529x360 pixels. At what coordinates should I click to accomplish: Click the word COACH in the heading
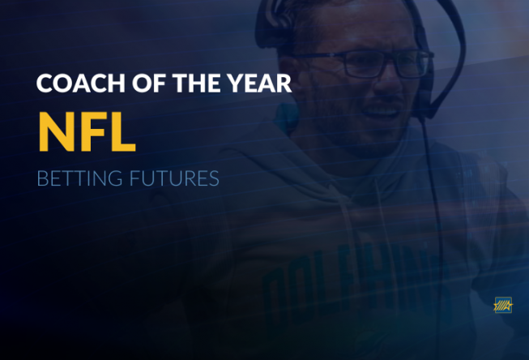point(81,83)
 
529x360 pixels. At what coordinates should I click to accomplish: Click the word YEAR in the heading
point(258,83)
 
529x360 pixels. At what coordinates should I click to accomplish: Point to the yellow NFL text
point(87,131)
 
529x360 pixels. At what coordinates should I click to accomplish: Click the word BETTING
point(79,178)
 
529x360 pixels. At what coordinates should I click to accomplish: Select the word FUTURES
point(174,178)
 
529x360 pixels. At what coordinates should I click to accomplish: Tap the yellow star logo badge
point(503,306)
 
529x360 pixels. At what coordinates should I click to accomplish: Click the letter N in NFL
point(56,131)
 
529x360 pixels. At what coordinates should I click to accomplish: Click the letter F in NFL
point(92,131)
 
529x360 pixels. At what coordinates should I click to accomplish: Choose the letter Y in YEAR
point(235,83)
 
